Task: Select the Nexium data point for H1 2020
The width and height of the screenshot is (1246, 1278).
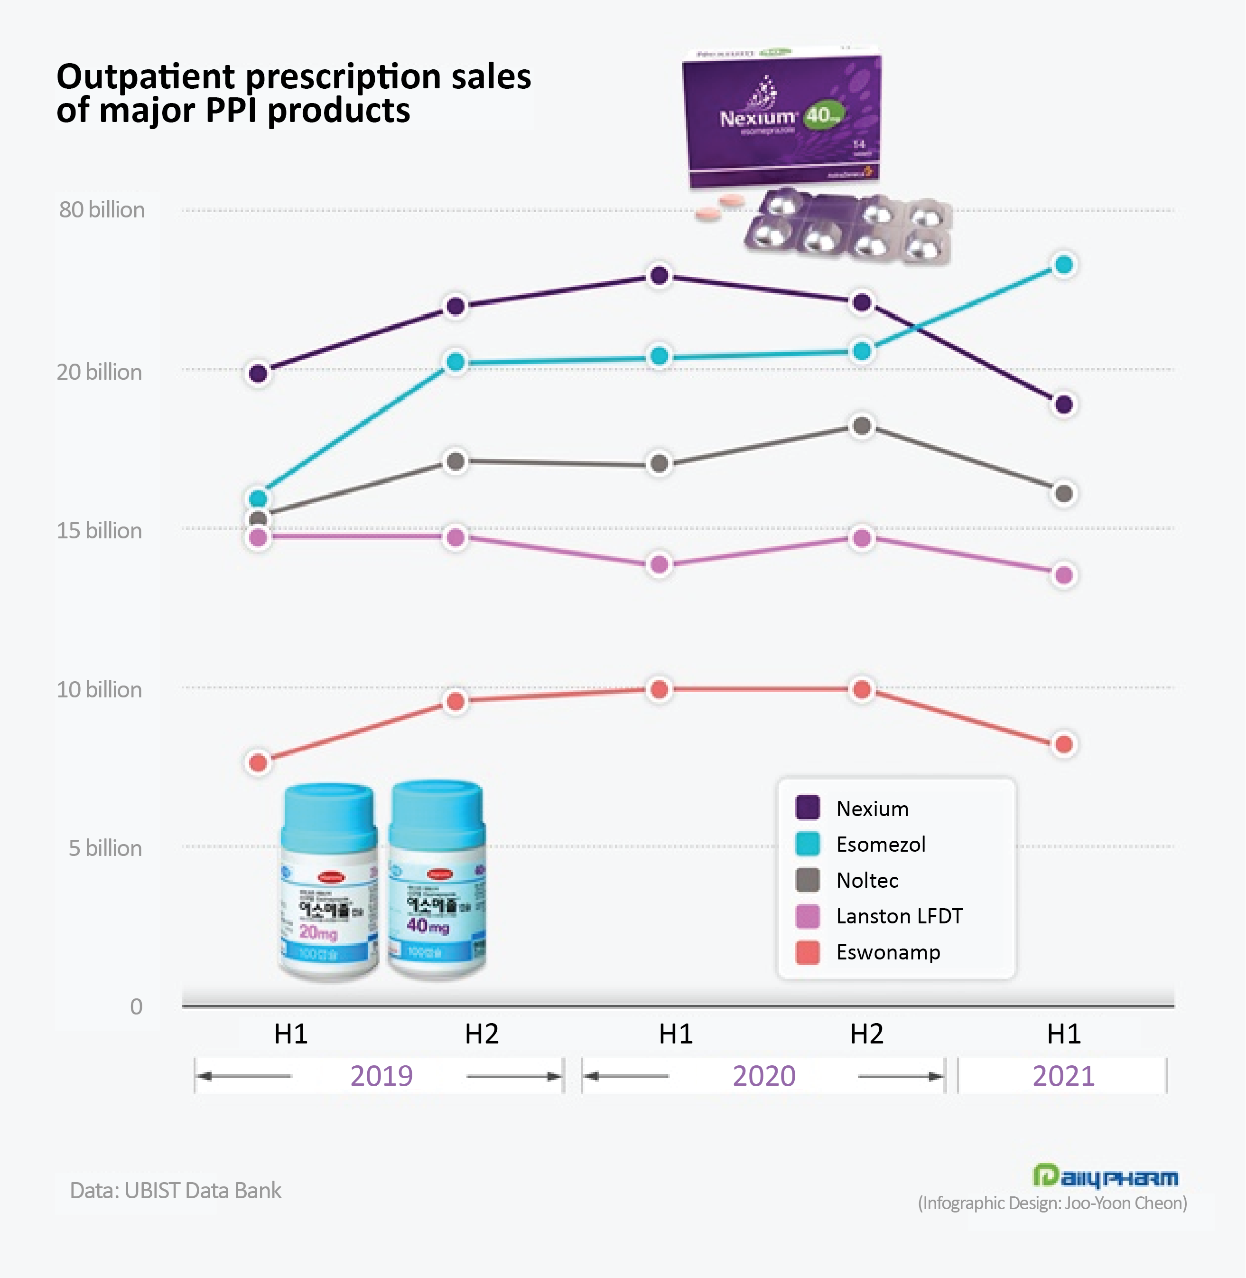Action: tap(660, 276)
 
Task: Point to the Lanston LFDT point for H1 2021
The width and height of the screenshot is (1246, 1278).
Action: tap(1064, 575)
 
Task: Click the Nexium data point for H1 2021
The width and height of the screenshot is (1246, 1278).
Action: tap(1064, 404)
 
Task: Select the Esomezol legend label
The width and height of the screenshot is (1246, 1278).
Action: tap(881, 844)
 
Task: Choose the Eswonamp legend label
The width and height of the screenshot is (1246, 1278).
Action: tap(888, 952)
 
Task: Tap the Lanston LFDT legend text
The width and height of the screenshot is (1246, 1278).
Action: tap(899, 916)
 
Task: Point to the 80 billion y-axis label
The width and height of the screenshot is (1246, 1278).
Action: tap(102, 209)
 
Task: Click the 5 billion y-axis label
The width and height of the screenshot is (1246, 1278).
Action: tap(105, 848)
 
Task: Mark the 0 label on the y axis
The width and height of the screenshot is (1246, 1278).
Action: tap(136, 1006)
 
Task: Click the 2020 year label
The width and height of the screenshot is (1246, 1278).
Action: tap(764, 1076)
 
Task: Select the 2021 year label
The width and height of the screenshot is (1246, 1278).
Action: tap(1063, 1076)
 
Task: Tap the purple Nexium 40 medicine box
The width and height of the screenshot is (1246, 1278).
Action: tap(781, 118)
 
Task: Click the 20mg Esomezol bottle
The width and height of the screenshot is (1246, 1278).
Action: tap(328, 884)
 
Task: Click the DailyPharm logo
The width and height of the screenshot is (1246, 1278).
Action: tap(1105, 1176)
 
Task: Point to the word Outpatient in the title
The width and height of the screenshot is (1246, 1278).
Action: tap(145, 76)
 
